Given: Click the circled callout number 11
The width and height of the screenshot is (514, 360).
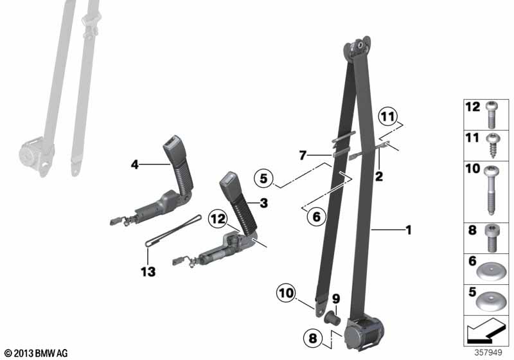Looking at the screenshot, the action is [x=388, y=116].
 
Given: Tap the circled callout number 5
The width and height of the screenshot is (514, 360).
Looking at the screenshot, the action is [x=264, y=179].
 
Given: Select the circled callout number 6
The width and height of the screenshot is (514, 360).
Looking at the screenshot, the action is [x=316, y=217].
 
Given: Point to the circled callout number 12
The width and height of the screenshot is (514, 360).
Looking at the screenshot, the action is [x=218, y=219].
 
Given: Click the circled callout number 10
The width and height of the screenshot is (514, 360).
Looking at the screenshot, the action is [x=286, y=292].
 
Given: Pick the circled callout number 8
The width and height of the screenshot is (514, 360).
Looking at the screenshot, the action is [x=313, y=337].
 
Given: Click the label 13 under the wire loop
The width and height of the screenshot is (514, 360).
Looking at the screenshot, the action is [x=148, y=271].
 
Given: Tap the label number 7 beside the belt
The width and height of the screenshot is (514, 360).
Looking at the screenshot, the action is [x=303, y=155].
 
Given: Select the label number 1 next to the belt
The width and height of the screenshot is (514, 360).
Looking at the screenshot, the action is [x=409, y=230].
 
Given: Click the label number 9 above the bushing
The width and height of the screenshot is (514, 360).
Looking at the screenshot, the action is [x=336, y=299].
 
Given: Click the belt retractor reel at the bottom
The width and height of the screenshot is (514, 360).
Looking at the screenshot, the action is [x=363, y=332].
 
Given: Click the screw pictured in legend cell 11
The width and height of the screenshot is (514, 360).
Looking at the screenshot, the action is [x=492, y=145].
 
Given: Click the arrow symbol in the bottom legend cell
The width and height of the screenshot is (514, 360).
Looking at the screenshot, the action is [x=485, y=330].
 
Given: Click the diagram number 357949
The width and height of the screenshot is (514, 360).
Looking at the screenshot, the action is [x=488, y=352].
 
